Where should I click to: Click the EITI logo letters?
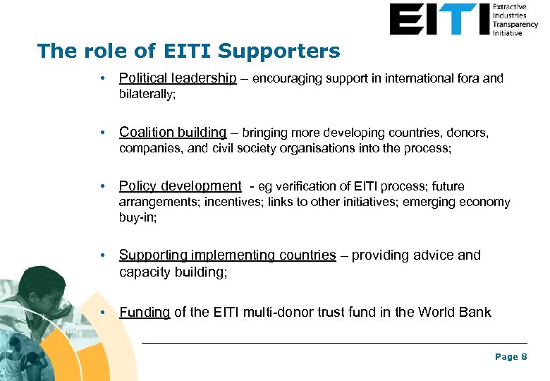click(x=438, y=19)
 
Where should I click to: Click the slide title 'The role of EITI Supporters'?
click(x=188, y=52)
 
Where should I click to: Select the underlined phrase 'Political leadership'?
click(x=178, y=78)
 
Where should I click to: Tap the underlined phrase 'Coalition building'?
click(x=173, y=132)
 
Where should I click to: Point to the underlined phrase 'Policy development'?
click(x=180, y=186)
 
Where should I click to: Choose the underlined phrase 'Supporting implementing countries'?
click(x=227, y=255)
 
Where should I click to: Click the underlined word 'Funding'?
click(x=145, y=312)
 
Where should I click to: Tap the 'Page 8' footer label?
click(x=511, y=357)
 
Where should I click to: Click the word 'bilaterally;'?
click(x=147, y=94)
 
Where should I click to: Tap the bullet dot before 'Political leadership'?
click(x=103, y=78)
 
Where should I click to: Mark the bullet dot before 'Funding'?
click(x=103, y=312)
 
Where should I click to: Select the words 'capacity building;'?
click(x=173, y=271)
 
